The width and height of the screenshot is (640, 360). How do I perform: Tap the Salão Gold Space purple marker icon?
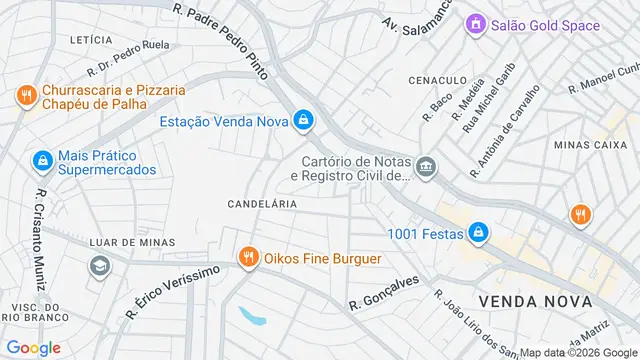[x=476, y=25]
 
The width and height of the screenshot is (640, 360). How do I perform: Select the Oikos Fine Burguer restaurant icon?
[x=247, y=258]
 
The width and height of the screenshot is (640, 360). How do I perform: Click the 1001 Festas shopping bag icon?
[x=479, y=233]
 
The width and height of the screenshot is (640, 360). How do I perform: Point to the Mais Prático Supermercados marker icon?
[x=41, y=160]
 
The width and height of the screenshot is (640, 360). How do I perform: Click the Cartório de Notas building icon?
[x=427, y=165]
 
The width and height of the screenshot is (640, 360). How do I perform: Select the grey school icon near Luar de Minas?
[x=99, y=265]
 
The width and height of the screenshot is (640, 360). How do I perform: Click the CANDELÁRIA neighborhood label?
[x=263, y=203]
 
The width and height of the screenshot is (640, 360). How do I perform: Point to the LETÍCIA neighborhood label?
[x=91, y=40]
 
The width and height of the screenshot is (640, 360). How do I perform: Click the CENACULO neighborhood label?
[x=437, y=79]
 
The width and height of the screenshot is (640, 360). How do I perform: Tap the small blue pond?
[x=253, y=316]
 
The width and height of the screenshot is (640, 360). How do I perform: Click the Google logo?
[x=33, y=348]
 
